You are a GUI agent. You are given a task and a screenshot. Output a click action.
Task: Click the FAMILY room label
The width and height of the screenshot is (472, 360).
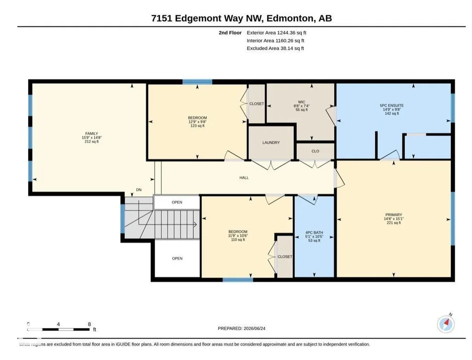point(92,134)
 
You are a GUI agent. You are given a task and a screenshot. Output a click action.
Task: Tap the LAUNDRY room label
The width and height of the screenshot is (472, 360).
point(271,142)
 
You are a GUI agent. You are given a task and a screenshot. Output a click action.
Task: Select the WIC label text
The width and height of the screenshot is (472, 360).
point(301,102)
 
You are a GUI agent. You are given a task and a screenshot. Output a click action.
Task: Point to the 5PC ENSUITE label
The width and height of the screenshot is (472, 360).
point(391,106)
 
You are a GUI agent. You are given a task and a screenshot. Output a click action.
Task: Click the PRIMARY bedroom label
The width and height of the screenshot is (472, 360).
point(393,215)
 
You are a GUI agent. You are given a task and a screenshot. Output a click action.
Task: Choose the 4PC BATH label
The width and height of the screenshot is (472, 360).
point(314,233)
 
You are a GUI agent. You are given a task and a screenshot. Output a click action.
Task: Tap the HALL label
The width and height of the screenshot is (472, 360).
point(244,178)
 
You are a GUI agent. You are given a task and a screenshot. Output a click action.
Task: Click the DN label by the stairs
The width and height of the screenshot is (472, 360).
point(139,190)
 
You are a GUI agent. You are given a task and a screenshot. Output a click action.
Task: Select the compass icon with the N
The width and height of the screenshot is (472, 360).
point(446,324)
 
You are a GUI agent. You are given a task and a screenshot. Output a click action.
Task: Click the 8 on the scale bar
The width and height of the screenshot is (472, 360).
point(89,324)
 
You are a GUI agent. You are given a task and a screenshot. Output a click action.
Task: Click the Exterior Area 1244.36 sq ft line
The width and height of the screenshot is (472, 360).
point(276,33)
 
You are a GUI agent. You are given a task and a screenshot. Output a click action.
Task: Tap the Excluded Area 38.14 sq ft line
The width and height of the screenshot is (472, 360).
point(275,48)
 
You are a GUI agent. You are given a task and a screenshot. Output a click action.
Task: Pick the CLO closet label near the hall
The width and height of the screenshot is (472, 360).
point(315,151)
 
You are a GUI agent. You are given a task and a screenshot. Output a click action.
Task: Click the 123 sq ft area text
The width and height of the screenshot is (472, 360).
point(197,126)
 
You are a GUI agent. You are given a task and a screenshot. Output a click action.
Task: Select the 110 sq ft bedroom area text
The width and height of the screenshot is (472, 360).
point(238,240)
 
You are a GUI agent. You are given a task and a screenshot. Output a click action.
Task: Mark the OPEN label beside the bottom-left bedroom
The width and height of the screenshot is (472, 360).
point(177,258)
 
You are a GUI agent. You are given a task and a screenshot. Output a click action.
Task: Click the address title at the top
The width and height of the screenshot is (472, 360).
point(241,18)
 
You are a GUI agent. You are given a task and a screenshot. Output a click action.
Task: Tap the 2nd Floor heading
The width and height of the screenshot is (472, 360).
point(230,33)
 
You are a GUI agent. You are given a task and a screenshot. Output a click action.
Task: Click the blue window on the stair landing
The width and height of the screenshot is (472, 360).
point(122,218)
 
